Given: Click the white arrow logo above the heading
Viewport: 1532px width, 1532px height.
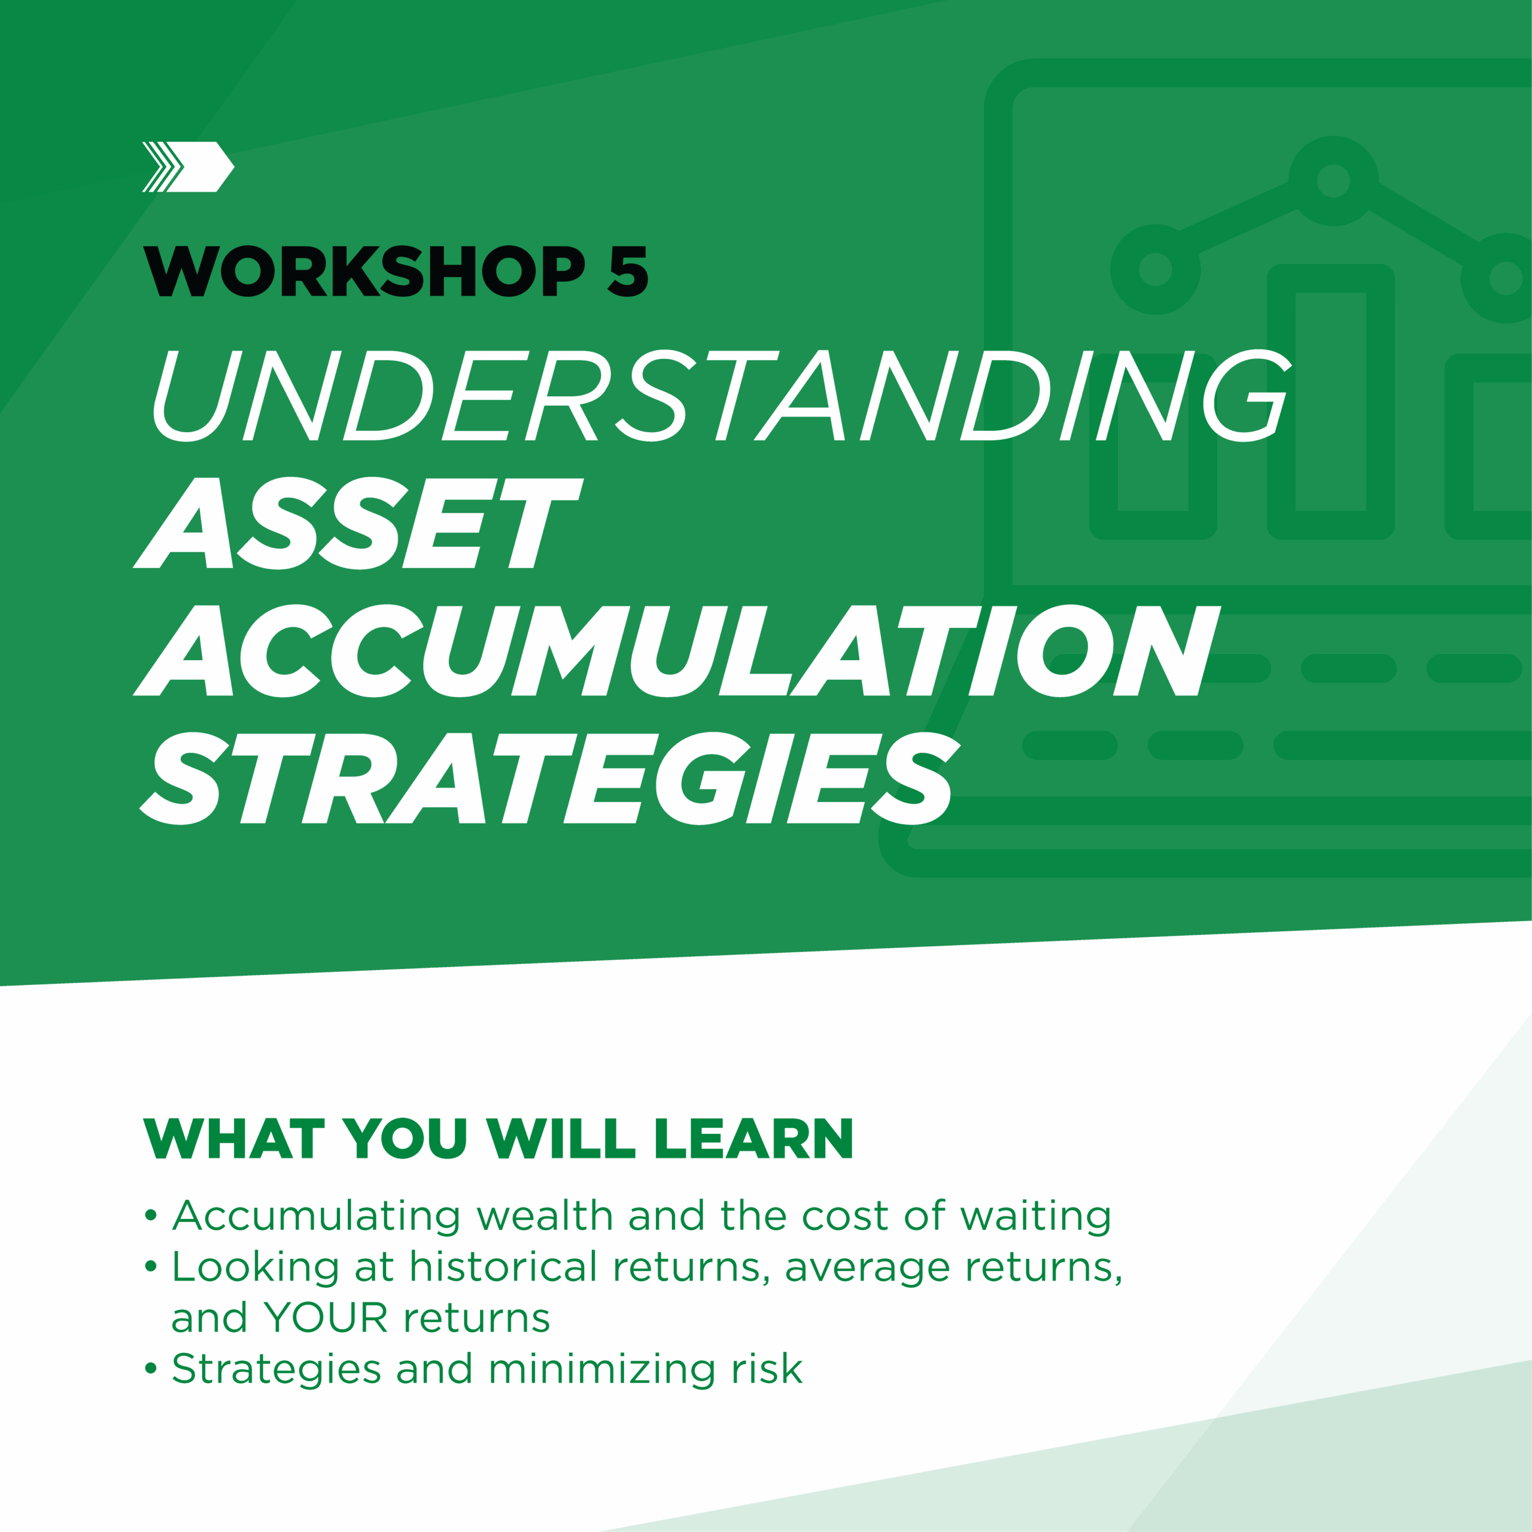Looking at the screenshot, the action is point(188,166).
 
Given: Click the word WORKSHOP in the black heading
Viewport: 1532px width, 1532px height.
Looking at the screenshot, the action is point(364,270).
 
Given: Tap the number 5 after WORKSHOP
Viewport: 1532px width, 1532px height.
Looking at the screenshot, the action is point(628,270).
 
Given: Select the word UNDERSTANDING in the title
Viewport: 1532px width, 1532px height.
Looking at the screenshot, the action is point(722,395).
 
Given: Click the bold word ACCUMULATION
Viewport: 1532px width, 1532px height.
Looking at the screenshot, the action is point(676,651).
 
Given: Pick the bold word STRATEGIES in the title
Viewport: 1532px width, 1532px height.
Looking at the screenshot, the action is point(549,778).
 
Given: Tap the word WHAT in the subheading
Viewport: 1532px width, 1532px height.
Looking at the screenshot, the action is point(234,1139).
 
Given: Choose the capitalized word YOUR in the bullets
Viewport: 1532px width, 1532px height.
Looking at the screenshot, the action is point(326,1318).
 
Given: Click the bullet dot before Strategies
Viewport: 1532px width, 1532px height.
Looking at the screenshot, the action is point(151,1369).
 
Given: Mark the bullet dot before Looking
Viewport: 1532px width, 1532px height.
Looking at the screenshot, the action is point(151,1266).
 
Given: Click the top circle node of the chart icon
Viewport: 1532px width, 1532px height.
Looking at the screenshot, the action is point(1333,180).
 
